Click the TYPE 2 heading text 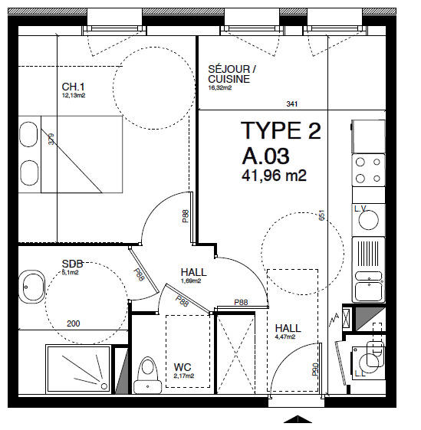(281, 131)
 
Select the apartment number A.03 (265, 156)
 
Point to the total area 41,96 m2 (274, 176)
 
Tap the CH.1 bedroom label (74, 87)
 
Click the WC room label (183, 367)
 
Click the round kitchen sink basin (369, 220)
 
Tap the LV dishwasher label (360, 208)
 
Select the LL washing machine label (360, 374)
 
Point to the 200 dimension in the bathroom (73, 323)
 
